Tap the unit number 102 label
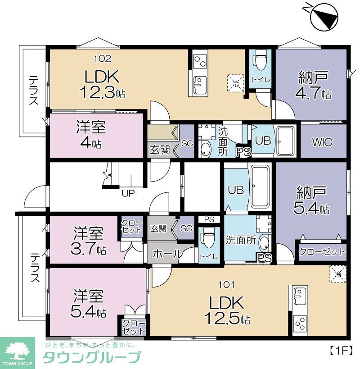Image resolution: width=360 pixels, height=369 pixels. (102, 59)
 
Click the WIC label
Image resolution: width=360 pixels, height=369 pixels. (322, 142)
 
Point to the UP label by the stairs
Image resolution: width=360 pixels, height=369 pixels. (128, 193)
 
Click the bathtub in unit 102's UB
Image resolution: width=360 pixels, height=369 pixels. (285, 141)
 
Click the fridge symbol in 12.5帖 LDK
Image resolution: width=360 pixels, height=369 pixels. (338, 274)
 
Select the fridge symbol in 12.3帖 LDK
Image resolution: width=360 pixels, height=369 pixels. (236, 83)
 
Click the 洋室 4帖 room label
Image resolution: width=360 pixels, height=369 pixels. (90, 135)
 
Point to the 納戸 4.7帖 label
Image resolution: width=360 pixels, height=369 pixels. (314, 85)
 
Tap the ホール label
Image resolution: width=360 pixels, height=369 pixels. (167, 254)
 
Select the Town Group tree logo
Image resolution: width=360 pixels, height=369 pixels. (18, 351)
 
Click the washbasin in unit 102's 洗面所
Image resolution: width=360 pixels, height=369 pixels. (206, 150)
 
